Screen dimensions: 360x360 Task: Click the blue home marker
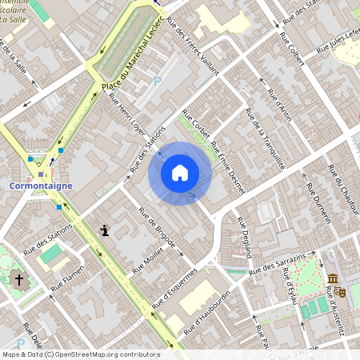(x=180, y=173)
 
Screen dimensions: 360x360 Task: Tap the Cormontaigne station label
(x=41, y=186)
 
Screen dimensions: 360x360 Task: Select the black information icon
(x=105, y=230)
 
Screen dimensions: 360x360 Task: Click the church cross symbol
(x=19, y=280)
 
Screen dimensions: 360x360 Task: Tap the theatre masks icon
(x=340, y=292)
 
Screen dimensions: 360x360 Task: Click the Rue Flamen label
(x=68, y=278)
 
